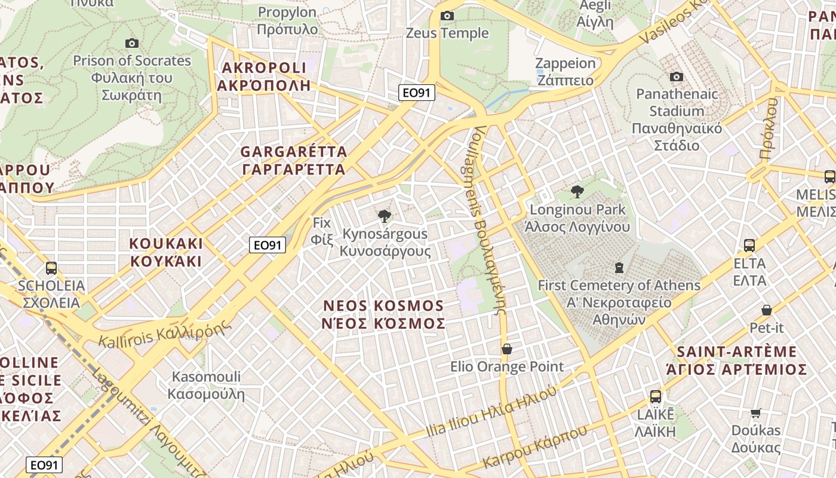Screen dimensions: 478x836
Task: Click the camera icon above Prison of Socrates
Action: point(132,43)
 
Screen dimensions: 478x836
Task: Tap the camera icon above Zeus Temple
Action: point(447,16)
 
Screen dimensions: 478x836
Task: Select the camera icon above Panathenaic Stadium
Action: point(677,76)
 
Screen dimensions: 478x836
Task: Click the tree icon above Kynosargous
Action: point(385,216)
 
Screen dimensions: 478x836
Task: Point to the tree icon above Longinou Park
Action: point(577,192)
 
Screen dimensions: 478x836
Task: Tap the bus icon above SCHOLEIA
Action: point(51,268)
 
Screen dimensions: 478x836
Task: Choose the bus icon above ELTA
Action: point(749,245)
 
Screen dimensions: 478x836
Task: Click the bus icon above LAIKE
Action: point(655,396)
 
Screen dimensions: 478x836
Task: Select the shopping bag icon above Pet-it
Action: point(767,310)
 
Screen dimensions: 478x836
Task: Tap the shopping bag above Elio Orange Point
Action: point(507,348)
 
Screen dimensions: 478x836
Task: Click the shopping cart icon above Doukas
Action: point(756,413)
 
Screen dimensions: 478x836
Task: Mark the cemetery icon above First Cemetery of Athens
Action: point(619,267)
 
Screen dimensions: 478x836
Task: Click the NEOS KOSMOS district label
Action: point(384,314)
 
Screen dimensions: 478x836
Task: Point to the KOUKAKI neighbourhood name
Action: point(166,252)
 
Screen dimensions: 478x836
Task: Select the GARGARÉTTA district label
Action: point(293,160)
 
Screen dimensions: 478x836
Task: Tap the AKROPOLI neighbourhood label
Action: point(263,76)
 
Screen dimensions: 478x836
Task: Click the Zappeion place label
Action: point(565,72)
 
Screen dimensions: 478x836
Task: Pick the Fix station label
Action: point(321,231)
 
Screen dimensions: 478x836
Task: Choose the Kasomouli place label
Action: point(206,385)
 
